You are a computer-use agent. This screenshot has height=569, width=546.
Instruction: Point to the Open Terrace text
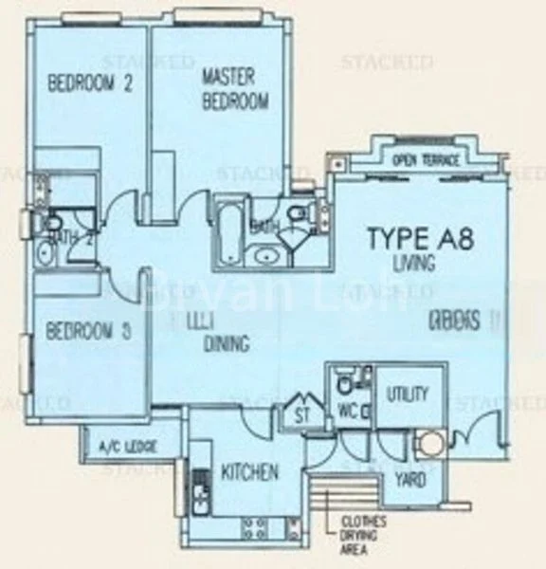427,160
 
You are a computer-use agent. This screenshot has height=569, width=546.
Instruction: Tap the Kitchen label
249,471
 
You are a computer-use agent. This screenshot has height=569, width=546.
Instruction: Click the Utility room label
408,394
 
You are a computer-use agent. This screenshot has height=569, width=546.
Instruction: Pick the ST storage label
301,414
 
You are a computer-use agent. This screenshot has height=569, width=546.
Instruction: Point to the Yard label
409,480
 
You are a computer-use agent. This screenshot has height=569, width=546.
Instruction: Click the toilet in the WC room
344,384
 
